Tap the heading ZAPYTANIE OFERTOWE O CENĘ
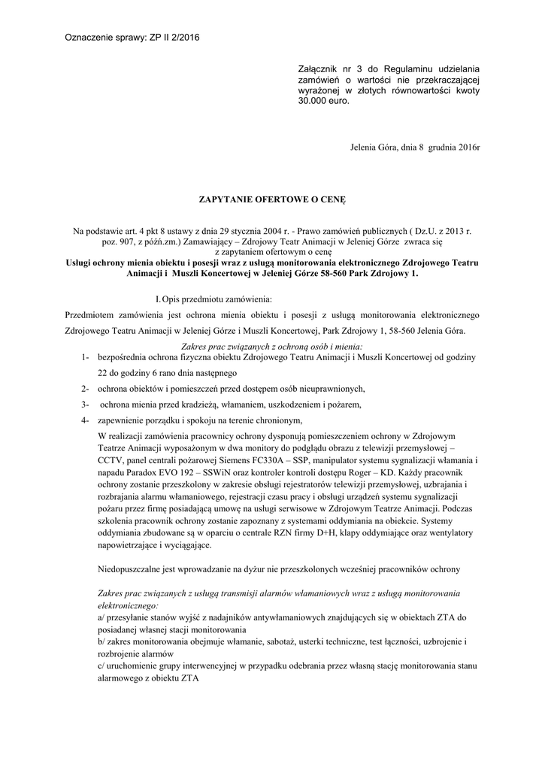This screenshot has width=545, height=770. (272, 200)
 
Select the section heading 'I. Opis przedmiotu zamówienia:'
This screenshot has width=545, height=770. (213, 300)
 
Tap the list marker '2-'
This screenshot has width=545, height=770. (86, 388)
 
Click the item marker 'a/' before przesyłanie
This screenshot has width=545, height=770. (102, 617)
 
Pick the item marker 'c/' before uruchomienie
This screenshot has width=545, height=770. (102, 665)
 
